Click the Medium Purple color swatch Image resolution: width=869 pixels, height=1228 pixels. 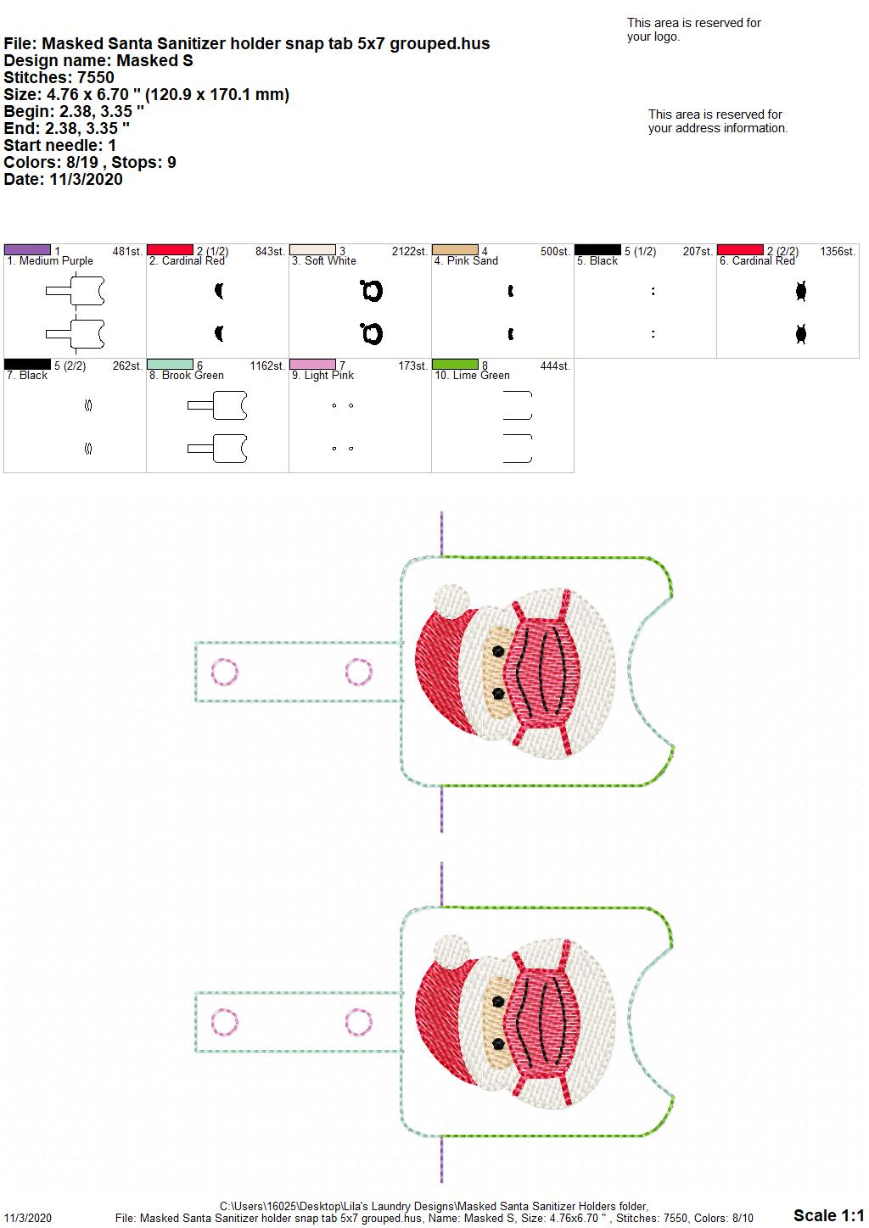[x=27, y=250]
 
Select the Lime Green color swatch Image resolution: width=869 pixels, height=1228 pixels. [x=456, y=365]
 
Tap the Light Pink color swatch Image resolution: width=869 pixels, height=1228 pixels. [x=312, y=365]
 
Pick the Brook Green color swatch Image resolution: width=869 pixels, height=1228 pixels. [x=170, y=365]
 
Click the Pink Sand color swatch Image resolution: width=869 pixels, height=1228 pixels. [x=456, y=250]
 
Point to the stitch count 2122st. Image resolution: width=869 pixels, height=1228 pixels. [x=409, y=251]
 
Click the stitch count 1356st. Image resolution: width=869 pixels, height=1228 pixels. [x=838, y=251]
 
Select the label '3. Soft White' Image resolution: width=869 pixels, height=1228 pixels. [x=323, y=261]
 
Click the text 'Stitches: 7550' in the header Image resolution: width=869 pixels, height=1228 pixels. [x=59, y=77]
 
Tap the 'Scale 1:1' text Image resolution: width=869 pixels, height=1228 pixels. [x=829, y=1215]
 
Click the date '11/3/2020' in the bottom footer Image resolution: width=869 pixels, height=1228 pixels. [x=27, y=1218]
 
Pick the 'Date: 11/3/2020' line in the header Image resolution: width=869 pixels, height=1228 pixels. [x=63, y=179]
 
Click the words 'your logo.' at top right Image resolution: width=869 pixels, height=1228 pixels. [x=653, y=36]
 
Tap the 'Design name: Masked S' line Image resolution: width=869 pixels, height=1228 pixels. [x=98, y=60]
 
